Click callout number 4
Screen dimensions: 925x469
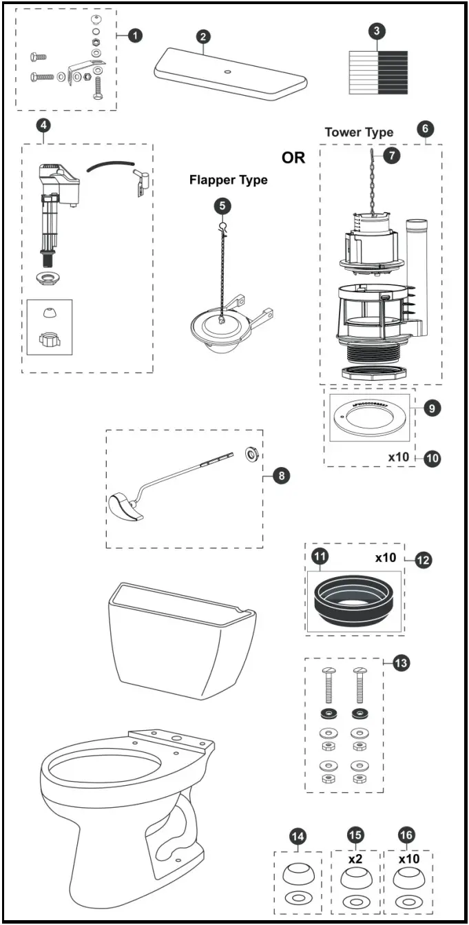click(43, 126)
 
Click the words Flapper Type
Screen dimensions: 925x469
click(228, 180)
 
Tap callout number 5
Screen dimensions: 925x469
click(222, 205)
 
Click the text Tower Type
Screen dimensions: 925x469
click(359, 132)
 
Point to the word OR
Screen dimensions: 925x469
click(293, 158)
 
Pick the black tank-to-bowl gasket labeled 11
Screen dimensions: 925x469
click(355, 597)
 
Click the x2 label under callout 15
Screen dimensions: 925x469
click(355, 860)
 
